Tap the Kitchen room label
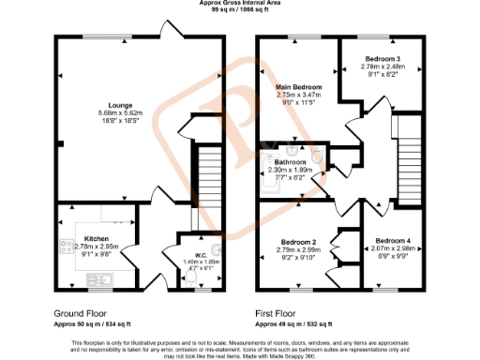(x=97, y=238)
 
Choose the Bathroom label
(x=292, y=162)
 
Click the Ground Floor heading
(x=80, y=313)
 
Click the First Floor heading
(x=281, y=313)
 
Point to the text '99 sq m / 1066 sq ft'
(x=239, y=10)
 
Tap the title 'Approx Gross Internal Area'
(x=239, y=3)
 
